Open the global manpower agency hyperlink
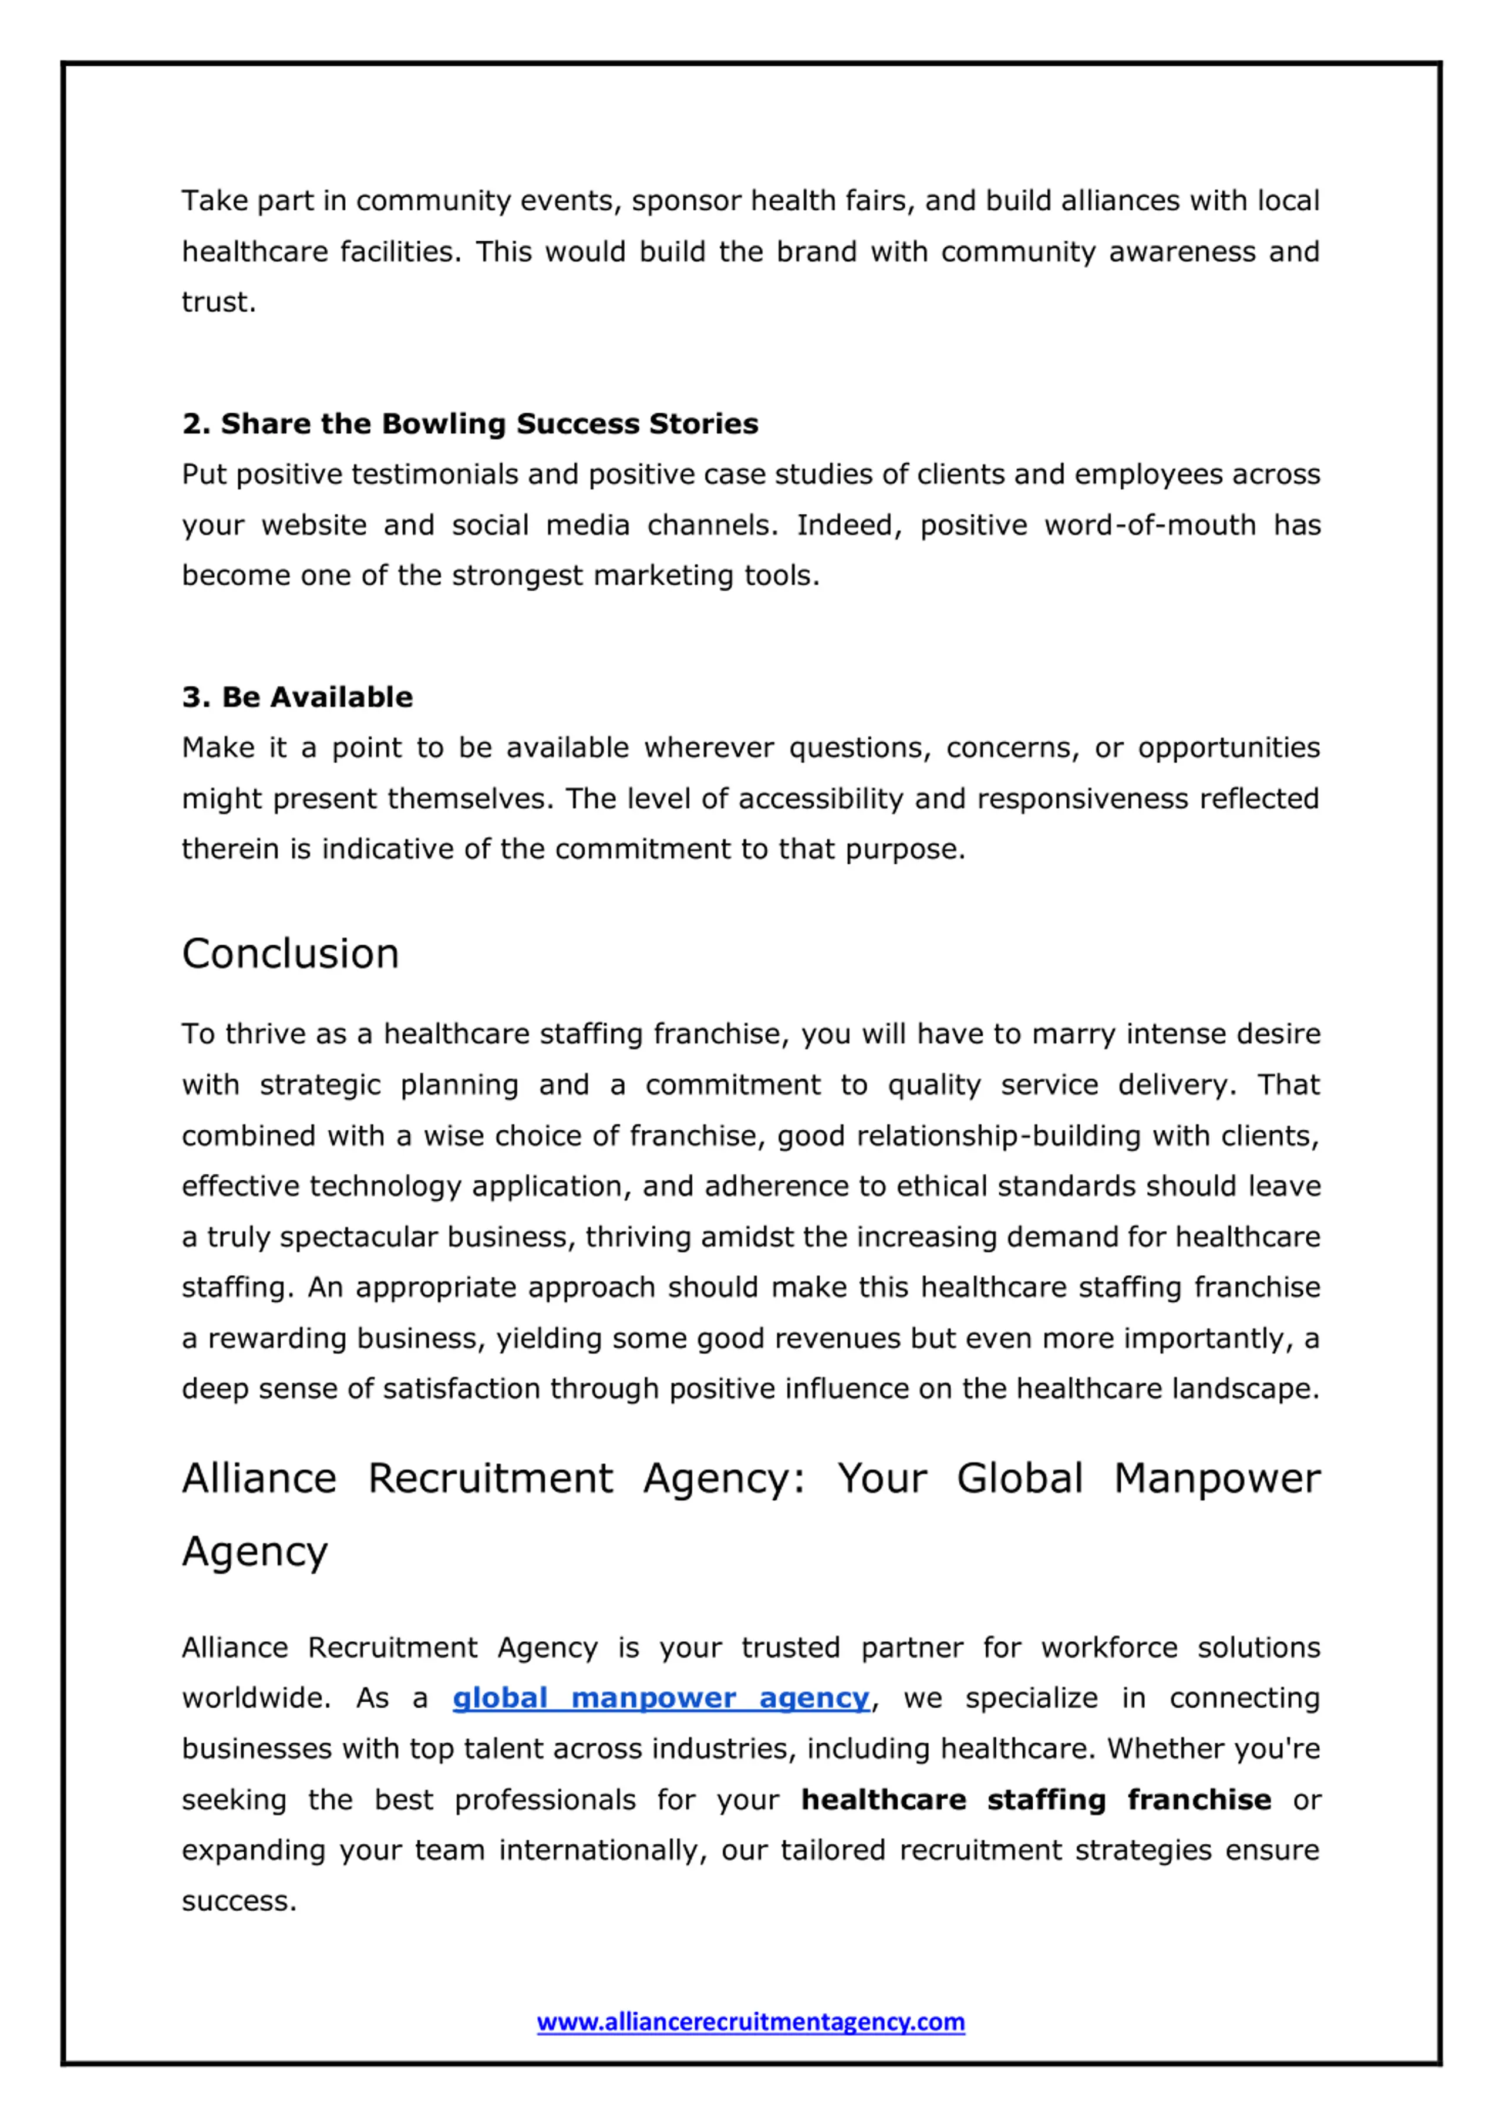660,1698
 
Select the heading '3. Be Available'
298,697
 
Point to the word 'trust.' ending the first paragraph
218,302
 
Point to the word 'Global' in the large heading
1019,1479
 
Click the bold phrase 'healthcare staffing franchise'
1036,1800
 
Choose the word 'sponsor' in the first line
687,201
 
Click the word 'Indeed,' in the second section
849,526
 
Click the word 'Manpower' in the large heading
1216,1479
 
